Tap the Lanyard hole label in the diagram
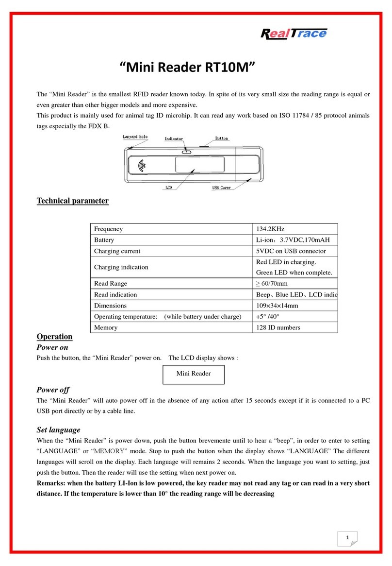point(134,137)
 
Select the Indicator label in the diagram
point(174,139)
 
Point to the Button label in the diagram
point(221,139)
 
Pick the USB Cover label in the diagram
point(221,188)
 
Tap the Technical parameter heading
point(73,201)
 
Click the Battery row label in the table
point(104,240)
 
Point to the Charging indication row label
point(121,267)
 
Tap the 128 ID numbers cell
point(278,327)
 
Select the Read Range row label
point(110,284)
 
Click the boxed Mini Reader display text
point(194,374)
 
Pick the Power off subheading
point(53,390)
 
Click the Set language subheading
point(58,429)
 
